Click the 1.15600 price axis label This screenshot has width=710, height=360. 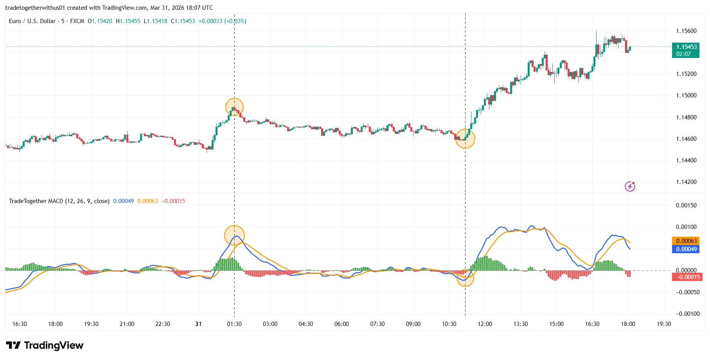(686, 31)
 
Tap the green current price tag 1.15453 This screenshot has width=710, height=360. (685, 47)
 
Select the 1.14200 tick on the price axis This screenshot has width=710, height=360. (686, 182)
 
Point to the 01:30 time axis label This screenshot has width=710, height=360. (234, 324)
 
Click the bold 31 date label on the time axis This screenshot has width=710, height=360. (198, 324)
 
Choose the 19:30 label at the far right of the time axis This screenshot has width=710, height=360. (663, 324)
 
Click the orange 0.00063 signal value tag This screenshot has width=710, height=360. (685, 241)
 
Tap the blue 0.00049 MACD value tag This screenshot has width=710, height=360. (685, 249)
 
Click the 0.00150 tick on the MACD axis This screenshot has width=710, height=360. (686, 205)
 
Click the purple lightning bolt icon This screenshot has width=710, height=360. (630, 186)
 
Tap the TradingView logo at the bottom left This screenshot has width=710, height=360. (45, 346)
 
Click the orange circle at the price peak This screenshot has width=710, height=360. (234, 107)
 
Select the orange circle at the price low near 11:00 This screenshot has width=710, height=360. (465, 139)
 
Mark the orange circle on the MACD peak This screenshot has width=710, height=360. (234, 235)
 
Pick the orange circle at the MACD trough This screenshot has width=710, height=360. (465, 278)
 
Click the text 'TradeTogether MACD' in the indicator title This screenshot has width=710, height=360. (36, 201)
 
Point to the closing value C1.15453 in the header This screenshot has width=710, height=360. (183, 21)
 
